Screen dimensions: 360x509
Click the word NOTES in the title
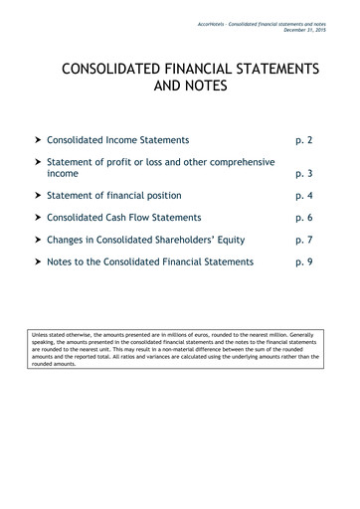point(206,88)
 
